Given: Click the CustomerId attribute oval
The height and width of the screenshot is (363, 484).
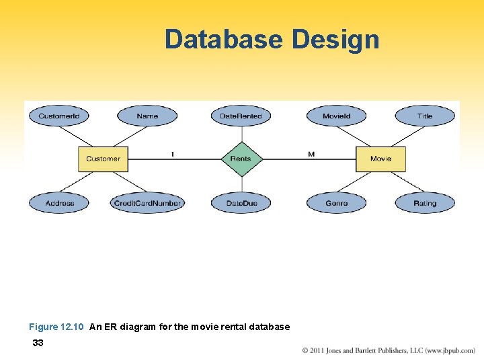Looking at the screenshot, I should point(58,116).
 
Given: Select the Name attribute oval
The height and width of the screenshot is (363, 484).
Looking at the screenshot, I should point(147,116).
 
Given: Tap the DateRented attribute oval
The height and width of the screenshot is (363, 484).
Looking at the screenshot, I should point(241,116).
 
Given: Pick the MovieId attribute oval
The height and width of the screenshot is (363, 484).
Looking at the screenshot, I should point(336,116).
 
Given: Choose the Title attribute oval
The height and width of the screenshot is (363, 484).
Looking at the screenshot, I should point(425,116).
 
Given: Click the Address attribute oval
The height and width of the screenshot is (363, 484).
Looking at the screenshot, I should point(60,203).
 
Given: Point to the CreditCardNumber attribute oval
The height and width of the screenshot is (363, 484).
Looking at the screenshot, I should point(147,203).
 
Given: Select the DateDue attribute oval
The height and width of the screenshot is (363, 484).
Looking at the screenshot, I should point(241,203).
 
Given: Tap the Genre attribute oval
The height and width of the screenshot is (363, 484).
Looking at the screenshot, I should point(336,203).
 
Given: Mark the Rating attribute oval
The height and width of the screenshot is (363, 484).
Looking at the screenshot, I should point(425,203).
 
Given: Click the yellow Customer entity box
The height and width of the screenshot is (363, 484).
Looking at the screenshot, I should point(103,159).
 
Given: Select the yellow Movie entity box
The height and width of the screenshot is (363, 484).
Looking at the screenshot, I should point(380,159).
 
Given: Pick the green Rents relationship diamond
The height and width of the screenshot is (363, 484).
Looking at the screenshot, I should point(241,159).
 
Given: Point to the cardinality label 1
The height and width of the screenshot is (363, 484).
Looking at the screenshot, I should point(172,154).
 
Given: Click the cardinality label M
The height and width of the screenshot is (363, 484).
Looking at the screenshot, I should point(311,154).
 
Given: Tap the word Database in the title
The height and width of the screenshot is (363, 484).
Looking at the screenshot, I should point(225,40).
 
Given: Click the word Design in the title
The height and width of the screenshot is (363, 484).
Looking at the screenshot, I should point(335,40).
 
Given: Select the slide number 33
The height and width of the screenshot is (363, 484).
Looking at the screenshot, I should point(38,343).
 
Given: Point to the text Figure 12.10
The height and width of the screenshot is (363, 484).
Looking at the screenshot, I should point(56,327).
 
